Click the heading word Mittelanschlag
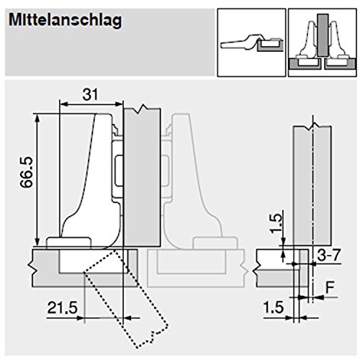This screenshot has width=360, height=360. pyautogui.click(x=65, y=20)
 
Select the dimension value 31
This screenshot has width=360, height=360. pyautogui.click(x=90, y=94)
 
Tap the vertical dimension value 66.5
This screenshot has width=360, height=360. pyautogui.click(x=26, y=172)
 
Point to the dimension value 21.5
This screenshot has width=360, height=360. pyautogui.click(x=63, y=307)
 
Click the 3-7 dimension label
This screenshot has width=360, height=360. pyautogui.click(x=328, y=255)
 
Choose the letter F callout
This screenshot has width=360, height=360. pyautogui.click(x=330, y=287)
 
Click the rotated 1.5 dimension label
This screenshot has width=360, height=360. pyautogui.click(x=275, y=223)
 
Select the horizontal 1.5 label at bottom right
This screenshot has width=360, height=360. pyautogui.click(x=274, y=307)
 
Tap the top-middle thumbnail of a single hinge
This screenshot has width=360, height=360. pyautogui.click(x=251, y=42)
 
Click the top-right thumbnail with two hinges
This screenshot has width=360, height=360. pyautogui.click(x=323, y=42)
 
